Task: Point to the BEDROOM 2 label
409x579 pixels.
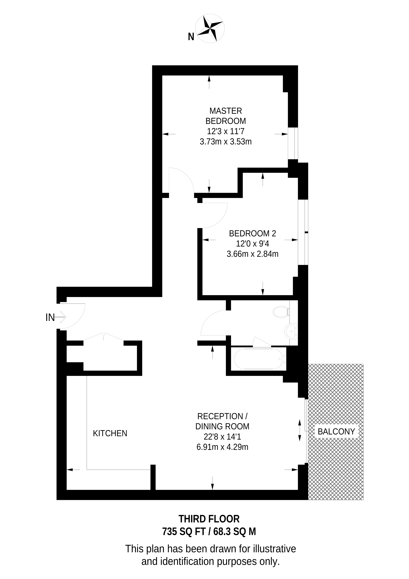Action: point(252,233)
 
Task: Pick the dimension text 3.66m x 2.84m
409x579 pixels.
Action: point(252,254)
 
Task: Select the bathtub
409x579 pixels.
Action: point(260,359)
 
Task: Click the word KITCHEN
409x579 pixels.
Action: point(110,434)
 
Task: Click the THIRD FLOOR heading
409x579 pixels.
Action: point(209,519)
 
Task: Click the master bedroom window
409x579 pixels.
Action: point(293,143)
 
